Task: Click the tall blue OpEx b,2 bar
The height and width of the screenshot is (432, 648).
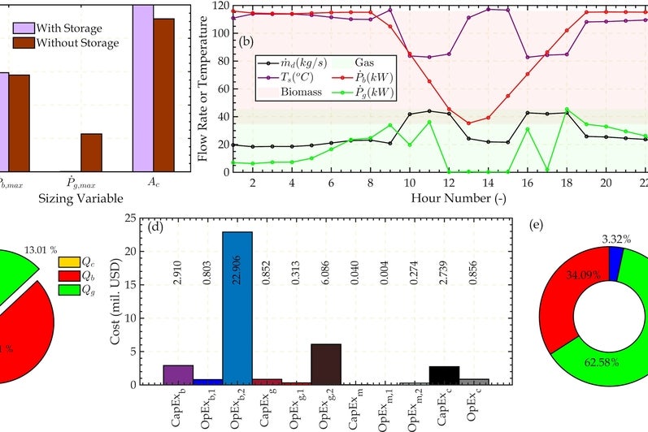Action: (237, 308)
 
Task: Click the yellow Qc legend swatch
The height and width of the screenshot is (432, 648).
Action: (69, 261)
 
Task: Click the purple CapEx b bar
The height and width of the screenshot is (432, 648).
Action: (178, 374)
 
